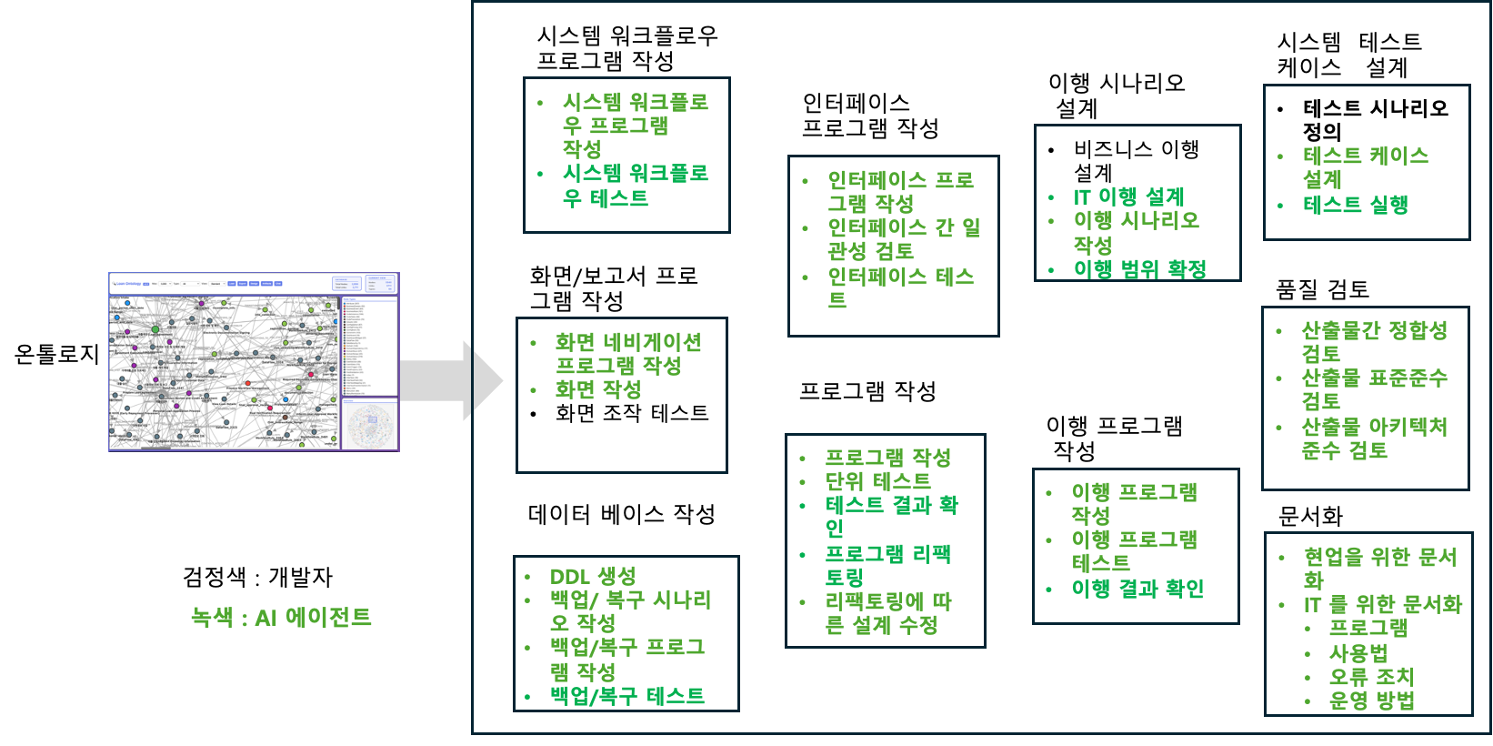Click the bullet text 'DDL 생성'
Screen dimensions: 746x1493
(x=593, y=577)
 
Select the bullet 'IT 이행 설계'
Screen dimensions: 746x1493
(x=1128, y=197)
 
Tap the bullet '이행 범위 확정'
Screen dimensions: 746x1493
(x=1139, y=269)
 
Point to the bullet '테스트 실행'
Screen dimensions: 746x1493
(x=1355, y=205)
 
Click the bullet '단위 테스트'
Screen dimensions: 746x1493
(x=877, y=481)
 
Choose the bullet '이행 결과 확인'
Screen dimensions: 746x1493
(x=1137, y=589)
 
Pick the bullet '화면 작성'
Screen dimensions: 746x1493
(x=598, y=389)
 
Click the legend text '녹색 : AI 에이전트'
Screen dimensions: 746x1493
(x=281, y=618)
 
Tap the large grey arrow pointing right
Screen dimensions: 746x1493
(x=451, y=380)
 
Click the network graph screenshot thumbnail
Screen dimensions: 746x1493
(x=254, y=361)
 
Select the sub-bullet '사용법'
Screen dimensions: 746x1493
(x=1358, y=653)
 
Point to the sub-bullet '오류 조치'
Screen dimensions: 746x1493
(x=1371, y=677)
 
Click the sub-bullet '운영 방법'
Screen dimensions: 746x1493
(x=1371, y=701)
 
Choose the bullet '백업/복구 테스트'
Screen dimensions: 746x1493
(x=627, y=696)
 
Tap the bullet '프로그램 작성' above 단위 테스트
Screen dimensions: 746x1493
(x=887, y=458)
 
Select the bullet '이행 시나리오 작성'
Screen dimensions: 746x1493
(x=1136, y=232)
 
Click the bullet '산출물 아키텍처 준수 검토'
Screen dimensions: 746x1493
(x=1373, y=439)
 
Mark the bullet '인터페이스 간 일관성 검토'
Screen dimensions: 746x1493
(x=903, y=238)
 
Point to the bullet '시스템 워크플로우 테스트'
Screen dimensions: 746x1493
(x=635, y=186)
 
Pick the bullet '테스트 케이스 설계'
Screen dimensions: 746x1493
(x=1365, y=167)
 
